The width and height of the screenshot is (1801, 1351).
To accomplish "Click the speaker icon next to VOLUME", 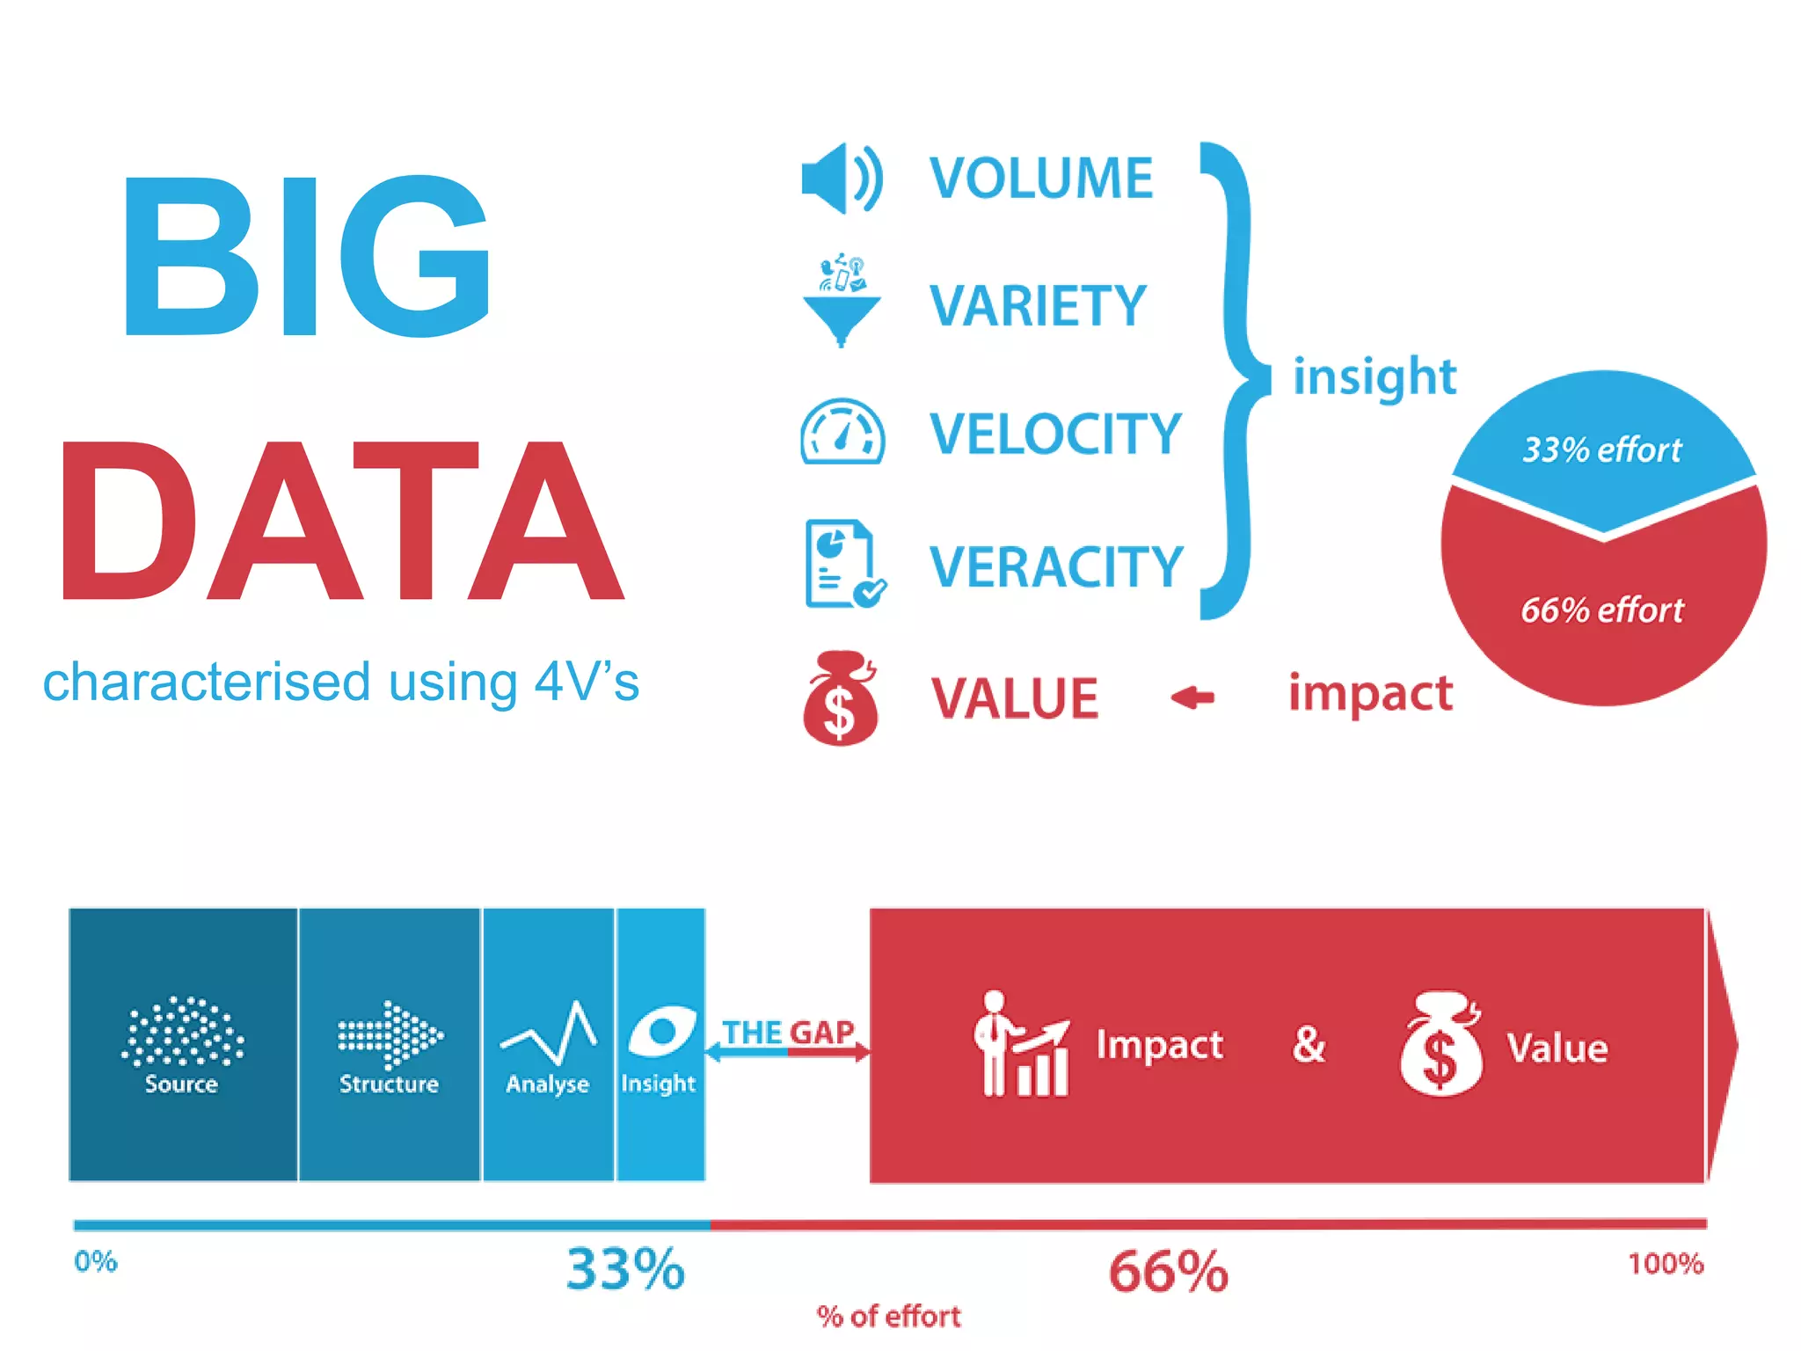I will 841,179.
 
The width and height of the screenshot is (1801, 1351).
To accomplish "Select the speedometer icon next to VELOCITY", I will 842,432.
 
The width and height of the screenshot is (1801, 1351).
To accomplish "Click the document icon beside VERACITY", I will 842,564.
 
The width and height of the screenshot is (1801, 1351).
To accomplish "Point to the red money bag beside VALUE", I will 840,699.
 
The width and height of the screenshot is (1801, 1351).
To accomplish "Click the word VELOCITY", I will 1054,434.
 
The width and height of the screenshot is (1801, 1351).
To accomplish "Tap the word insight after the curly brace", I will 1374,376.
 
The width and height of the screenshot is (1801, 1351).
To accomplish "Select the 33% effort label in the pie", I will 1601,450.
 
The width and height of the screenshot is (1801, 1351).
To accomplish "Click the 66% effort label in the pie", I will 1601,610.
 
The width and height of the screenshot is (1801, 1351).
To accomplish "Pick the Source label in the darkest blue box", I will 181,1084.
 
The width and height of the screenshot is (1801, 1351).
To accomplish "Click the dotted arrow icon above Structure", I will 390,1034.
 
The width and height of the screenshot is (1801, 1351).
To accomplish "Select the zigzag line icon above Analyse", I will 549,1033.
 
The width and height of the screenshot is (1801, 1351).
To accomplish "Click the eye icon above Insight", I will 661,1032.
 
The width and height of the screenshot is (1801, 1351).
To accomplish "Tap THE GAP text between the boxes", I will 787,1032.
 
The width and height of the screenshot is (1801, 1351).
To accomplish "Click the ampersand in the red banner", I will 1309,1045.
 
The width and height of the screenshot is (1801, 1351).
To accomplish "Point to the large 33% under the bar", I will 624,1269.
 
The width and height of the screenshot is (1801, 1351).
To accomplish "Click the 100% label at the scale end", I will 1665,1264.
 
